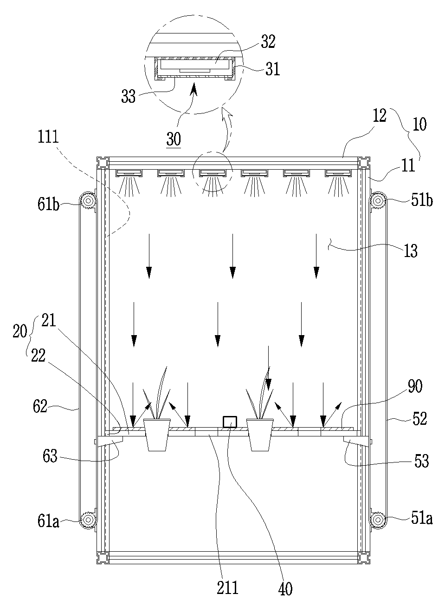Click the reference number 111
[48, 137]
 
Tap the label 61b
[48, 205]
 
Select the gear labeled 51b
[378, 201]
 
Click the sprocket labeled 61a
[88, 527]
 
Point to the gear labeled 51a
[378, 527]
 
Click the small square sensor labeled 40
[230, 422]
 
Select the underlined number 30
[174, 139]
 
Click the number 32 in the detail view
[268, 42]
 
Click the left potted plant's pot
[157, 435]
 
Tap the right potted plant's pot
[260, 435]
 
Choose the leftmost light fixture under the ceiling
[129, 173]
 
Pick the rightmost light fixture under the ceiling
[338, 173]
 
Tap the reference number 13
[411, 251]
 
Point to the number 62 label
[40, 406]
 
